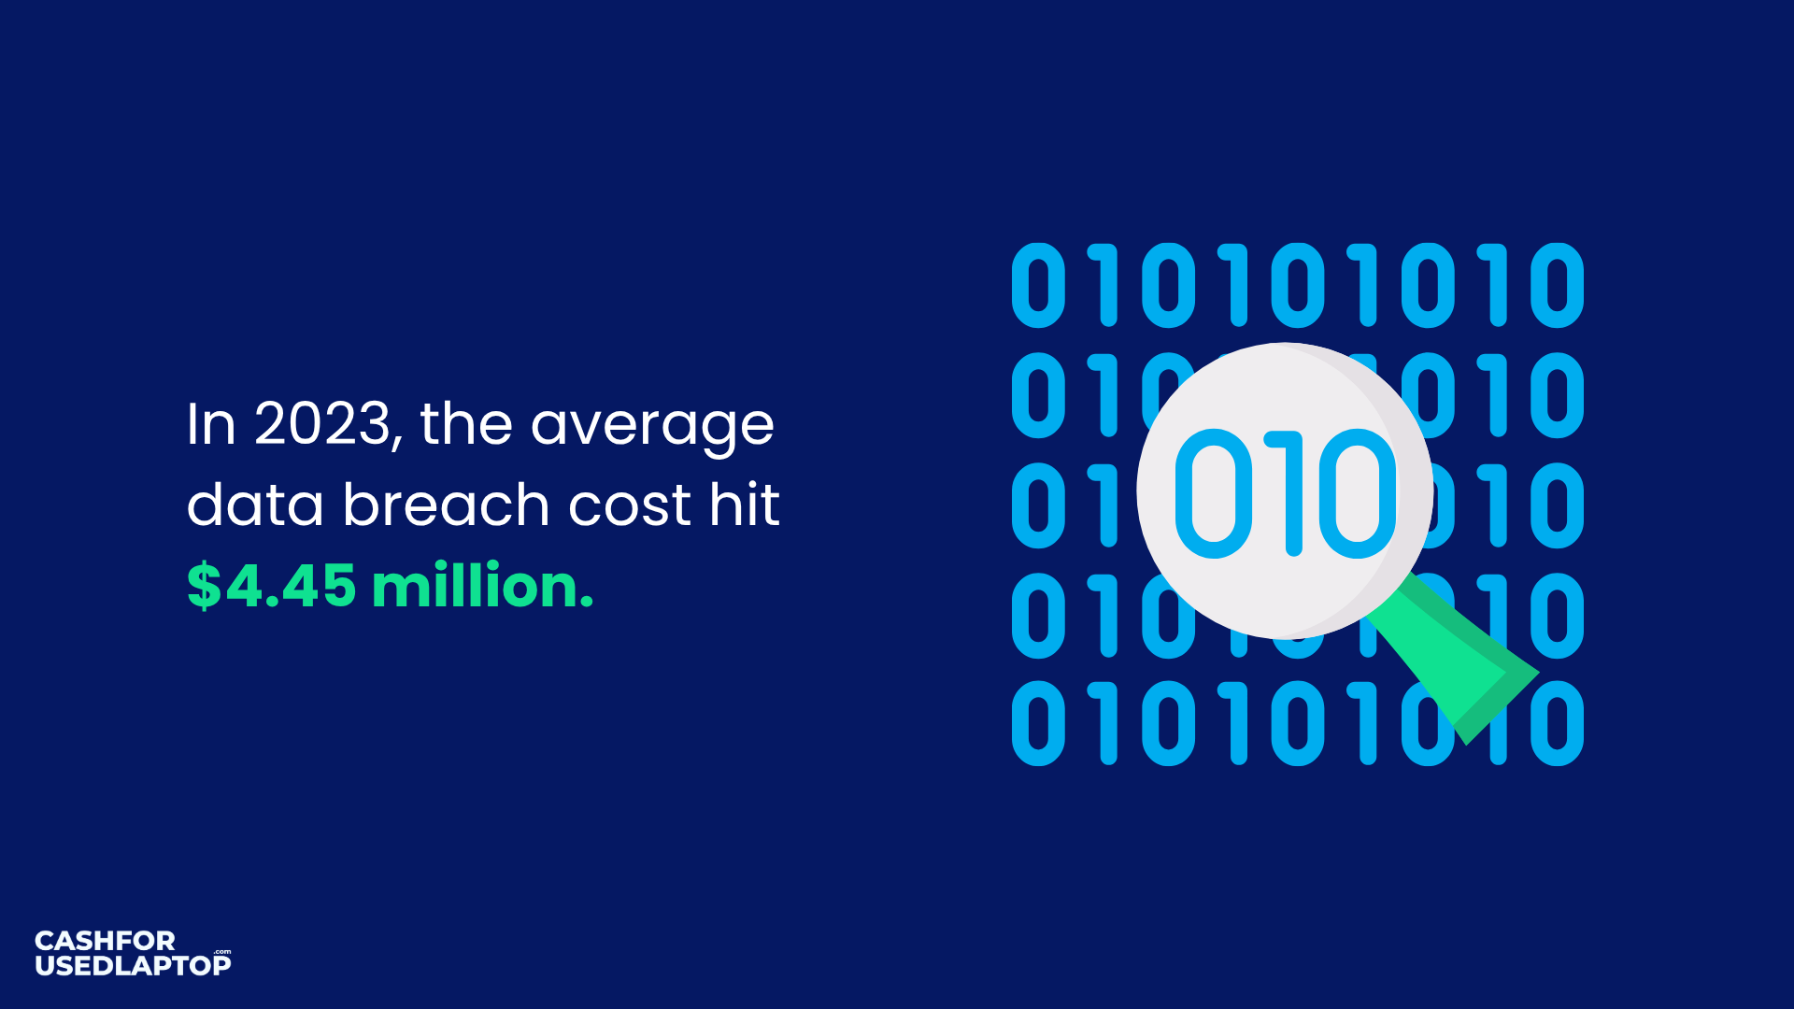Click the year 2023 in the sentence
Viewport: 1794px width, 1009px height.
tap(322, 424)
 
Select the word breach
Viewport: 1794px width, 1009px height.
tap(446, 504)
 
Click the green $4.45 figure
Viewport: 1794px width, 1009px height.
tap(271, 586)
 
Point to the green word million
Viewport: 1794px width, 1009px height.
tap(482, 586)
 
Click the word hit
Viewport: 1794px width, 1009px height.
tap(744, 504)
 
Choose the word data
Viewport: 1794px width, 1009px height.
tap(254, 504)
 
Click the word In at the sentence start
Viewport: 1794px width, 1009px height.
tap(210, 424)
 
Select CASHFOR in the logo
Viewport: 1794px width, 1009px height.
tap(105, 941)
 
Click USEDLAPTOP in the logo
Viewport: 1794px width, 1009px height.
tap(133, 965)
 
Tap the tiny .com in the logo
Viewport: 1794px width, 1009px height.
tap(222, 952)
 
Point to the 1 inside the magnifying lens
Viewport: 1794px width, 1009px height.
tap(1290, 493)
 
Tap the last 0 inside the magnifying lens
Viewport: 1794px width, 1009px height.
tap(1358, 493)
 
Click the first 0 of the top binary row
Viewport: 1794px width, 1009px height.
tap(1038, 286)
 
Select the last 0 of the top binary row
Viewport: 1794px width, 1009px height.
tap(1558, 286)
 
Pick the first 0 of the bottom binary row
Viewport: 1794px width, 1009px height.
tap(1038, 723)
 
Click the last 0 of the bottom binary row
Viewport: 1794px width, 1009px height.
tap(1558, 723)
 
